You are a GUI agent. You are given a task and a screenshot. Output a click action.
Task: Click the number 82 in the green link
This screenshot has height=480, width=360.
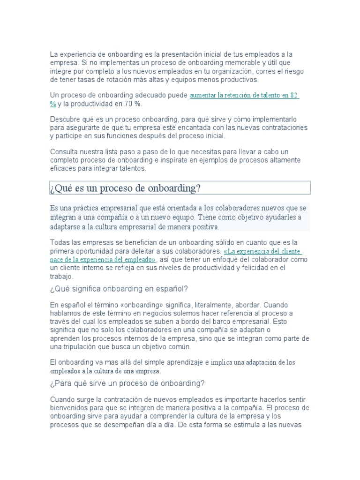293,95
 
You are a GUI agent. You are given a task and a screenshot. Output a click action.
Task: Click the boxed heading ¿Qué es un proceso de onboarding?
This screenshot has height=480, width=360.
126,188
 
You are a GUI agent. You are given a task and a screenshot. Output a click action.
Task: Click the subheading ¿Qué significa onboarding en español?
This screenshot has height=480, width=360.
119,288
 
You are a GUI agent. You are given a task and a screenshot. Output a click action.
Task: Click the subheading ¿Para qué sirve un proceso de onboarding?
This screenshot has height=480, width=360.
127,383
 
